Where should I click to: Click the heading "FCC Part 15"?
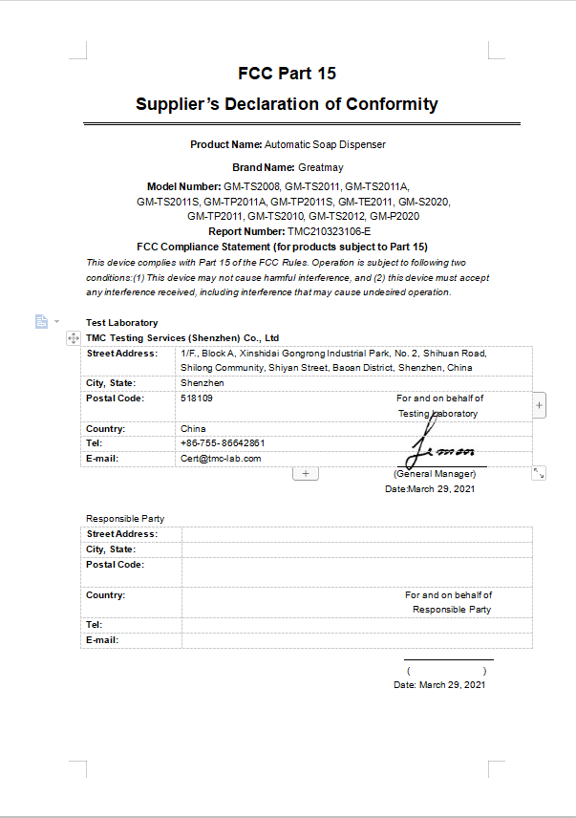coord(287,74)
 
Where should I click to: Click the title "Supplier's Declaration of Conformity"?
coord(287,104)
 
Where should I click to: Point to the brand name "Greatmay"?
coord(308,167)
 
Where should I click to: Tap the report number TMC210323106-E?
coord(329,231)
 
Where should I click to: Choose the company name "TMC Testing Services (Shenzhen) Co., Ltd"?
coord(182,337)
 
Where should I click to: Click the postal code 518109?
coord(197,398)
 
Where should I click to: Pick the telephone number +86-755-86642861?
coord(223,443)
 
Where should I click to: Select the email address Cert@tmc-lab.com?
coord(221,458)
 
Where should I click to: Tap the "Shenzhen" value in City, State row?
coord(203,382)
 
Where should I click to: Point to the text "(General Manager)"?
coord(435,474)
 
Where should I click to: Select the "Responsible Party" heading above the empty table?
coord(117,519)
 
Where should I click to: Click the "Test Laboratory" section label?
coord(122,323)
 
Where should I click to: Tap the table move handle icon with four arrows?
coord(74,338)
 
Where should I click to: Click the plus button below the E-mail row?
coord(306,473)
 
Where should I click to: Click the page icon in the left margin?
coord(41,321)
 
